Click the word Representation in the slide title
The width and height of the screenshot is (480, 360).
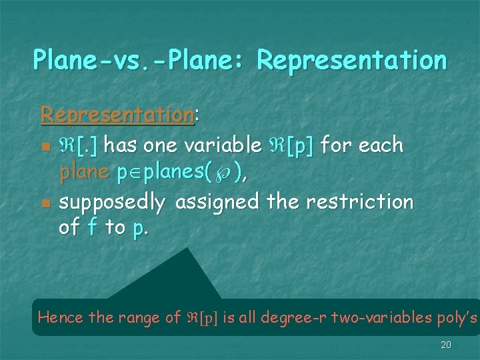(x=351, y=60)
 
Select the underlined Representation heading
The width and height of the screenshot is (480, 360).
(x=117, y=114)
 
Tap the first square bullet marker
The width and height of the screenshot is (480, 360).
(x=45, y=146)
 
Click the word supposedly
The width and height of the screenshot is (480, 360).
(x=112, y=201)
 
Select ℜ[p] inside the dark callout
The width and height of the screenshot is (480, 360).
(x=202, y=317)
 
